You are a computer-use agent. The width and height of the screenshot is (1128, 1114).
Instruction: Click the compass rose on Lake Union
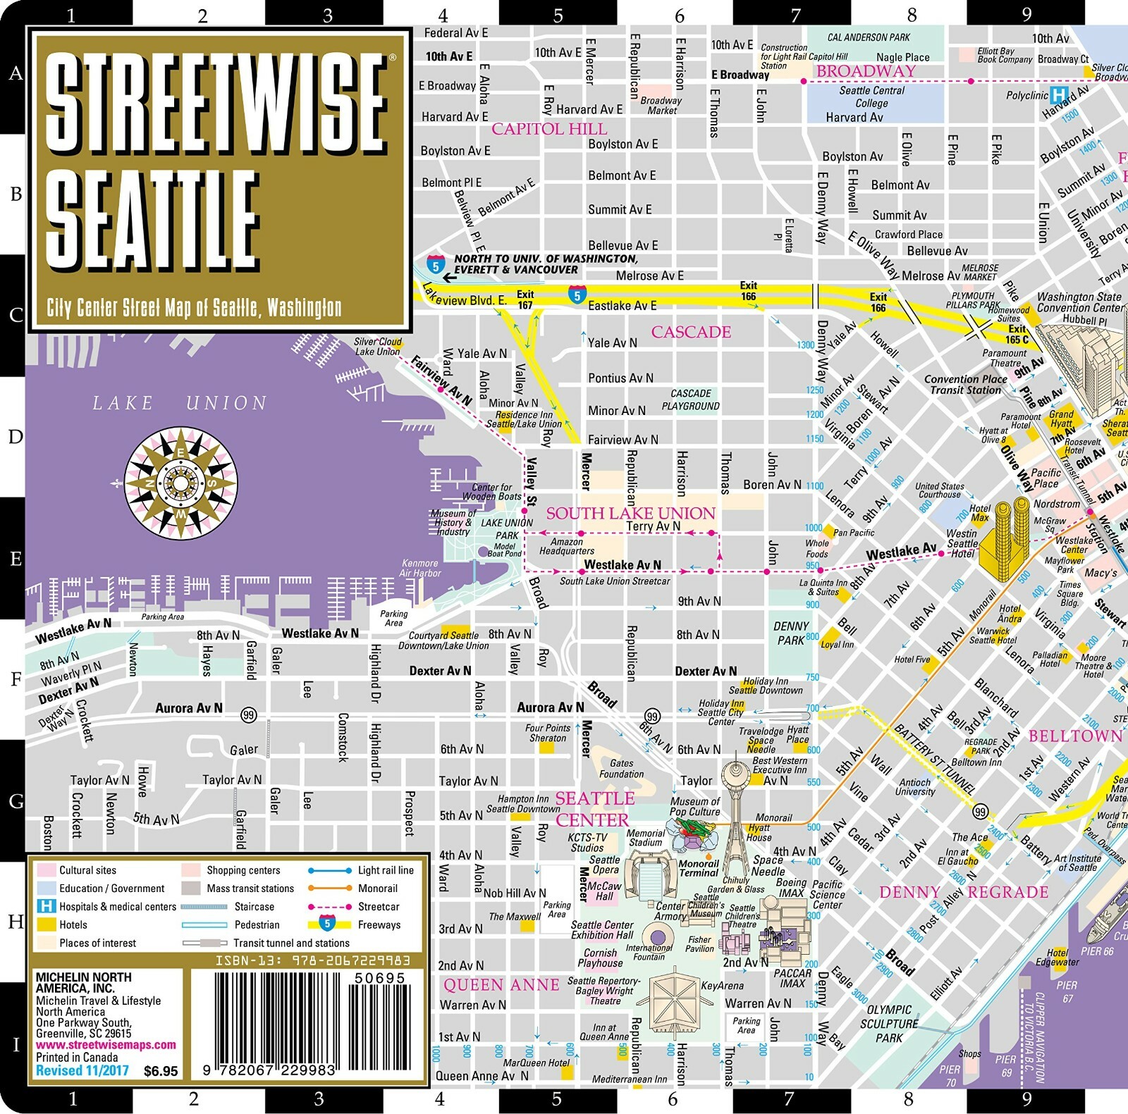point(180,483)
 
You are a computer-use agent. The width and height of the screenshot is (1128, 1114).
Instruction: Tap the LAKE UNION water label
point(180,403)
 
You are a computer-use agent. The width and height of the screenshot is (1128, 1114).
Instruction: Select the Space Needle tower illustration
point(740,810)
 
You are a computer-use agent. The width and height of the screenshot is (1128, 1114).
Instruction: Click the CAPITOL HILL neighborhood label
point(548,129)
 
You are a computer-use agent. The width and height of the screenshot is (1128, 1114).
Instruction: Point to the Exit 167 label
point(525,299)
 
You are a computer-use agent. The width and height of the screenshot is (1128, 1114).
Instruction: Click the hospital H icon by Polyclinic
point(1058,94)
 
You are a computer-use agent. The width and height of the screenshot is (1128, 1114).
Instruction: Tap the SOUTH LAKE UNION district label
point(630,513)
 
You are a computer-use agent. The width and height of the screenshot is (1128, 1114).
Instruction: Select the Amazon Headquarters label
point(567,547)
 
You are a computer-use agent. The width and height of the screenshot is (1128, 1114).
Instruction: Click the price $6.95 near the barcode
point(161,1071)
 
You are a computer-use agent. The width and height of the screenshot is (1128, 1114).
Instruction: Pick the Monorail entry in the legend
point(377,889)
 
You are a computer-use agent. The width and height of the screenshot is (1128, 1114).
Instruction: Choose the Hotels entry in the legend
point(73,925)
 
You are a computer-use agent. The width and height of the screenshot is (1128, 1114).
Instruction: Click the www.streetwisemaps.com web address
point(106,1045)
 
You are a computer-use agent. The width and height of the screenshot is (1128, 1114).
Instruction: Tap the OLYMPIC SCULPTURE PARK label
point(889,1023)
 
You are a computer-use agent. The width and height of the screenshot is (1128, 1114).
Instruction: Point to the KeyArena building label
point(722,985)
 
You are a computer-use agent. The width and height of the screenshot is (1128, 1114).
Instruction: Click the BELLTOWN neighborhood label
point(1075,736)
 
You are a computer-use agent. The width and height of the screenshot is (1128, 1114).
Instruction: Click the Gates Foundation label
point(621,769)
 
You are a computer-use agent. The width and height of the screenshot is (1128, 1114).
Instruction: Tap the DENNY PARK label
point(790,633)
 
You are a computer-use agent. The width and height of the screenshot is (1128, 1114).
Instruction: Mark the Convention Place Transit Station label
point(965,384)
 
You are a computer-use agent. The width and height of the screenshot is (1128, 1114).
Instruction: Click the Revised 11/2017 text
point(82,1071)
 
